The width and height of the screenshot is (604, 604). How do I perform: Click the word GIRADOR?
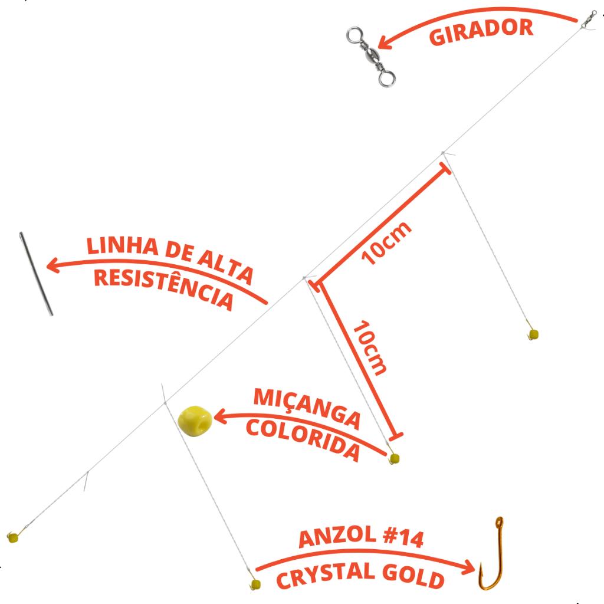(481, 31)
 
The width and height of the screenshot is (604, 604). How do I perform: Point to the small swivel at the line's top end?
(589, 19)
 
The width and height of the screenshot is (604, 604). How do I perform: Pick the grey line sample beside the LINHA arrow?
(36, 274)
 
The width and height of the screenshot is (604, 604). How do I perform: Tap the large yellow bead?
(195, 421)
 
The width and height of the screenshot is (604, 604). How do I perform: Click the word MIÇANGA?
(307, 408)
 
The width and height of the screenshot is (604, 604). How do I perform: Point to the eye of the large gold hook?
(499, 522)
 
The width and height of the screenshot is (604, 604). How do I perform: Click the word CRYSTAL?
(326, 575)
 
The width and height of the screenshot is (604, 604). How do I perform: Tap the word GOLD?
(413, 576)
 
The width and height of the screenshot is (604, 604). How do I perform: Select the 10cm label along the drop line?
(369, 347)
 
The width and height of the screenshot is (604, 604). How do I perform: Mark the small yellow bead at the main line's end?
(13, 537)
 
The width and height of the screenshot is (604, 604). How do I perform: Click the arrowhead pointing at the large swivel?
(385, 42)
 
